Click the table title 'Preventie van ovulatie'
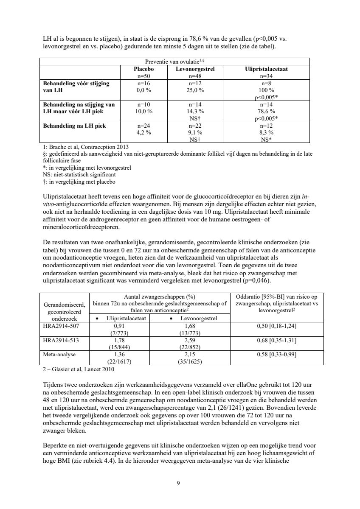point(174,62)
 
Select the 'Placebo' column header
point(143,69)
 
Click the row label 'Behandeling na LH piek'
point(71,126)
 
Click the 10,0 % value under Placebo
point(143,111)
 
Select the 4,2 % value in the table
point(143,132)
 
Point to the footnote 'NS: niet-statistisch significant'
point(81,174)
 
